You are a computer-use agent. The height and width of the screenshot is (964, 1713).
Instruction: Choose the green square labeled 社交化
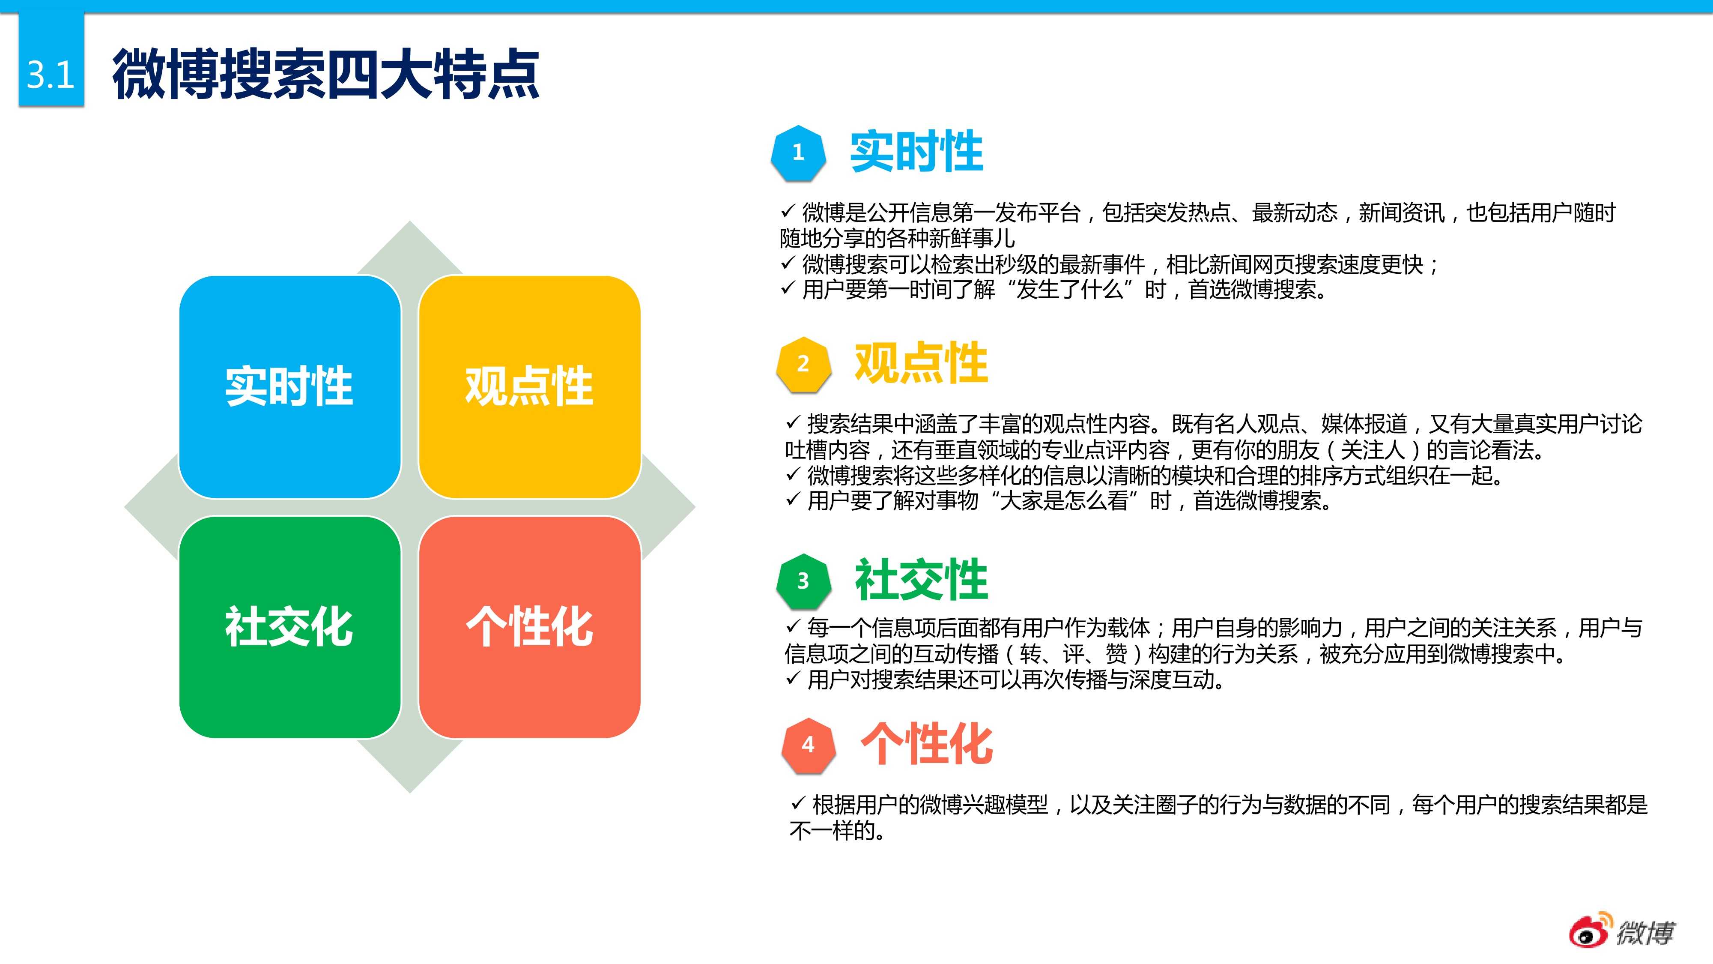click(x=290, y=627)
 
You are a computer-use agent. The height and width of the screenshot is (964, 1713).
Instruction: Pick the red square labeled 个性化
click(x=529, y=627)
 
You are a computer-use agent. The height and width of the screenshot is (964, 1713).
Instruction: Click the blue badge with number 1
click(x=798, y=153)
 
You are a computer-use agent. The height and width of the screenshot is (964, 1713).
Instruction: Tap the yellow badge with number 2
click(x=803, y=364)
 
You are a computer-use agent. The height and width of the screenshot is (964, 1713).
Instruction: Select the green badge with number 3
click(x=803, y=581)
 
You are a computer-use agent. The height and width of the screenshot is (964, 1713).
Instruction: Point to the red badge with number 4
click(x=808, y=745)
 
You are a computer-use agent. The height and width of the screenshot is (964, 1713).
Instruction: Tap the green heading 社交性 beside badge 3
click(x=921, y=579)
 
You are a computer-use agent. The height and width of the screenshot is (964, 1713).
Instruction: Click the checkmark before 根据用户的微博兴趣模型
click(x=798, y=804)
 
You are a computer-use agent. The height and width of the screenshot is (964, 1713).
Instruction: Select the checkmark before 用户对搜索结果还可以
click(x=793, y=679)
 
